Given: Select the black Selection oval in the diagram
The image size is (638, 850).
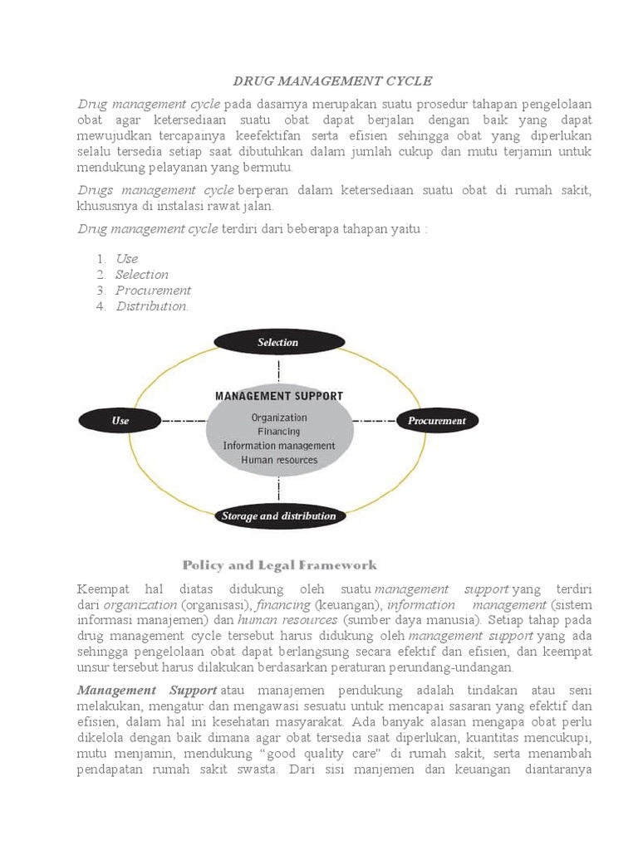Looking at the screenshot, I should point(278,342).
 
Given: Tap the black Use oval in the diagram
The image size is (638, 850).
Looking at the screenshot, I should point(120,421).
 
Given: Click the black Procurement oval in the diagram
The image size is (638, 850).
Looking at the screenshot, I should point(437,421).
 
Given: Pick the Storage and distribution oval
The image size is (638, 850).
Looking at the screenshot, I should point(279,515).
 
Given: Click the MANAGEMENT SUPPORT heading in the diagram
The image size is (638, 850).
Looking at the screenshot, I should point(279,396).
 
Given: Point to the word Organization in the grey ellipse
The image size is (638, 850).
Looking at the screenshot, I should point(279,418).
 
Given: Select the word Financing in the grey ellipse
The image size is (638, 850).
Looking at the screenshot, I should point(279,432).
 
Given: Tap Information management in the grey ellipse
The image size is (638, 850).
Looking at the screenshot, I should point(279,446).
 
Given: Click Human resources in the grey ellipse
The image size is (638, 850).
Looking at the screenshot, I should point(279,460).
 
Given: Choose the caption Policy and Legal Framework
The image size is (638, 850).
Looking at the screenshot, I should point(280,565).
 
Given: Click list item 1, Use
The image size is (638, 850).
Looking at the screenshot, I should point(127,259).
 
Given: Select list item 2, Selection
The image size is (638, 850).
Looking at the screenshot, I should point(142,275).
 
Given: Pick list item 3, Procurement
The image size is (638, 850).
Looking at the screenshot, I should point(153,291).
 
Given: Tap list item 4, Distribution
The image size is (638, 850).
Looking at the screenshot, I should point(152,306).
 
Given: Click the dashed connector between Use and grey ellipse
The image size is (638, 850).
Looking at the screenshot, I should point(183,422).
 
